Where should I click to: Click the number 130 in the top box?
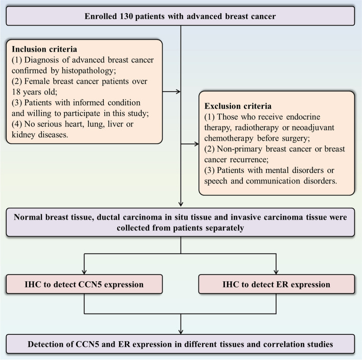point(126,16)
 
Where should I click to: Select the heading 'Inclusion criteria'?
point(44,49)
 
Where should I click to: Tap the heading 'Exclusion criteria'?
point(238,106)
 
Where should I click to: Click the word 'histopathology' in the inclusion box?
point(88,71)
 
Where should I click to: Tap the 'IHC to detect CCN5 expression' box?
point(84,284)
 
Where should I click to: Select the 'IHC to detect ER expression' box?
point(276,284)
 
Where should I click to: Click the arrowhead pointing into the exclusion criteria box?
point(196,144)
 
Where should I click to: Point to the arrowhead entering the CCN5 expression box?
point(84,272)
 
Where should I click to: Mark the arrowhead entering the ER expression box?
point(276,272)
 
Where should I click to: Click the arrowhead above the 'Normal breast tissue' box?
point(181,204)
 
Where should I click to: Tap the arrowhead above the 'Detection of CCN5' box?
point(181,331)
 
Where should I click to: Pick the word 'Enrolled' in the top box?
point(101,16)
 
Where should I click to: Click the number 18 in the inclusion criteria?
point(16,92)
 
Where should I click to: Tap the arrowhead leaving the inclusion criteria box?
point(178,92)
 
